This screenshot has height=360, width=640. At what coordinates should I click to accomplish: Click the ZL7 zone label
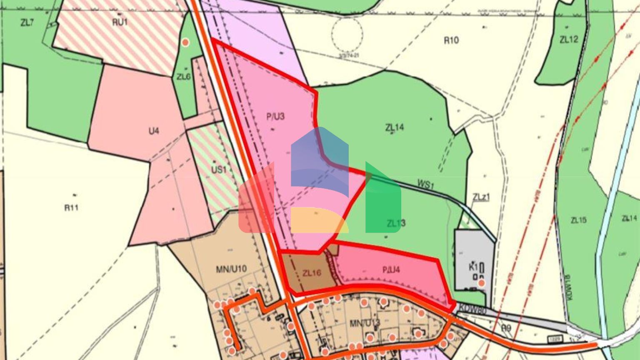click(x=27, y=23)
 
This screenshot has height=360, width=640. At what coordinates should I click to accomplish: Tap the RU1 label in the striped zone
click(x=120, y=22)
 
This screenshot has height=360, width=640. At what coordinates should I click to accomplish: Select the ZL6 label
click(x=183, y=77)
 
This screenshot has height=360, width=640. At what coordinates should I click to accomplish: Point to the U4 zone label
click(x=154, y=131)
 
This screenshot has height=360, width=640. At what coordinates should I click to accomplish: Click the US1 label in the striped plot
click(x=219, y=170)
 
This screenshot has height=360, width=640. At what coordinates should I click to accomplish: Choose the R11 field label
click(x=71, y=207)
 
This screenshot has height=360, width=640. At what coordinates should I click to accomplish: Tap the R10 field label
click(x=451, y=40)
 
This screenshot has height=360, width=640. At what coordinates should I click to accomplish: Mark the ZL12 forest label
click(x=569, y=40)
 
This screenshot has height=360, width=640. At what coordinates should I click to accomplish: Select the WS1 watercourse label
click(x=425, y=185)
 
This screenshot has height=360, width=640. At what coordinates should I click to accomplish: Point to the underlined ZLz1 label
click(x=481, y=197)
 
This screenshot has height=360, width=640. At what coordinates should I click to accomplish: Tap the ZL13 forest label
click(x=396, y=223)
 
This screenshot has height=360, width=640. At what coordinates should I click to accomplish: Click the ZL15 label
click(x=579, y=220)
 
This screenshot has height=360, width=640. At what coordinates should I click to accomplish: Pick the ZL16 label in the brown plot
click(x=312, y=273)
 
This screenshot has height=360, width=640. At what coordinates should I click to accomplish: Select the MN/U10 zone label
click(x=231, y=269)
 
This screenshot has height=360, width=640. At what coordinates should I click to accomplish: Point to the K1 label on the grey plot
click(x=472, y=267)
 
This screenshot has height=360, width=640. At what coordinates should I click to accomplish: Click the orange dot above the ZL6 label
click(x=186, y=42)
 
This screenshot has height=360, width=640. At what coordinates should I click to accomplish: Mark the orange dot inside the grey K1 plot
click(x=481, y=283)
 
